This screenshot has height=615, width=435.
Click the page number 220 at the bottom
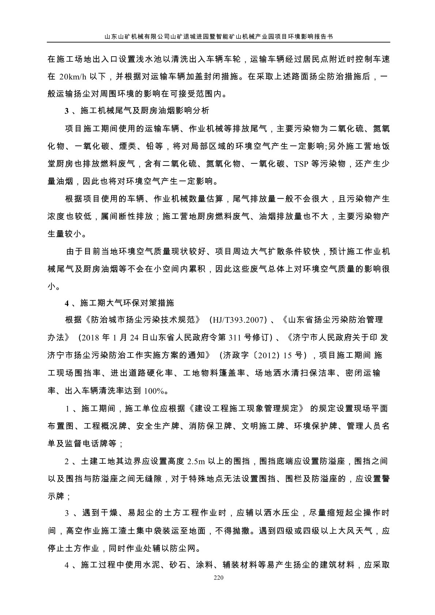(x=217, y=578)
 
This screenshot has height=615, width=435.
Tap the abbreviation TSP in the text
(x=301, y=164)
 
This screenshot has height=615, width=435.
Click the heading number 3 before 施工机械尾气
(x=67, y=111)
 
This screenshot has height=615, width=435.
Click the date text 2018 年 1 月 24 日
(x=113, y=337)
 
